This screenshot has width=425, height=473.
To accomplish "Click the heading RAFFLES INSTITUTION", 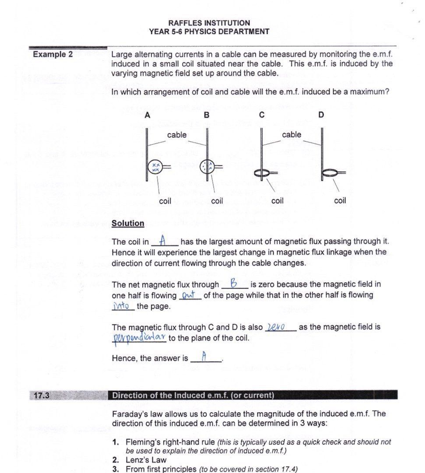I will [209, 23].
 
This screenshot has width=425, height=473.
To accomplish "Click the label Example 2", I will [53, 55].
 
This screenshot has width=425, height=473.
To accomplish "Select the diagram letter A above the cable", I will [148, 115].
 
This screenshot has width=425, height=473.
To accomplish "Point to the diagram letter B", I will [207, 115].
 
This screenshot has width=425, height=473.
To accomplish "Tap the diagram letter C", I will [262, 115].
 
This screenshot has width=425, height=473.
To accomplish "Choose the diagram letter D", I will [321, 115].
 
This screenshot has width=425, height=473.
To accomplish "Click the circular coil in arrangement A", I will [155, 167].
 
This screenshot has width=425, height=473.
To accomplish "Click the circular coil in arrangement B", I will [207, 167].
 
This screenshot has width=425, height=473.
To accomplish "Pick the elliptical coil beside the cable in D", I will [331, 173].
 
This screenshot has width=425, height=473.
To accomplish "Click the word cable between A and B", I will [176, 135].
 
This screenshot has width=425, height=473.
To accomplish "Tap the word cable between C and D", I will [292, 134].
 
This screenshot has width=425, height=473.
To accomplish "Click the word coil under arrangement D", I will [340, 201].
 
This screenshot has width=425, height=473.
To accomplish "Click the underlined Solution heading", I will [128, 223].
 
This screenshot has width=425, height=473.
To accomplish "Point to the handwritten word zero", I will [276, 327].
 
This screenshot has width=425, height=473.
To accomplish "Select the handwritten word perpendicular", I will [139, 338].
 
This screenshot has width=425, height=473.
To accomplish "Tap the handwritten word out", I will [189, 295].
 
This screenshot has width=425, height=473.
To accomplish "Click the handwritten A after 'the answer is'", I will [204, 357].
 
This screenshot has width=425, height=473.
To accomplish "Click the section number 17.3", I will [41, 395].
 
